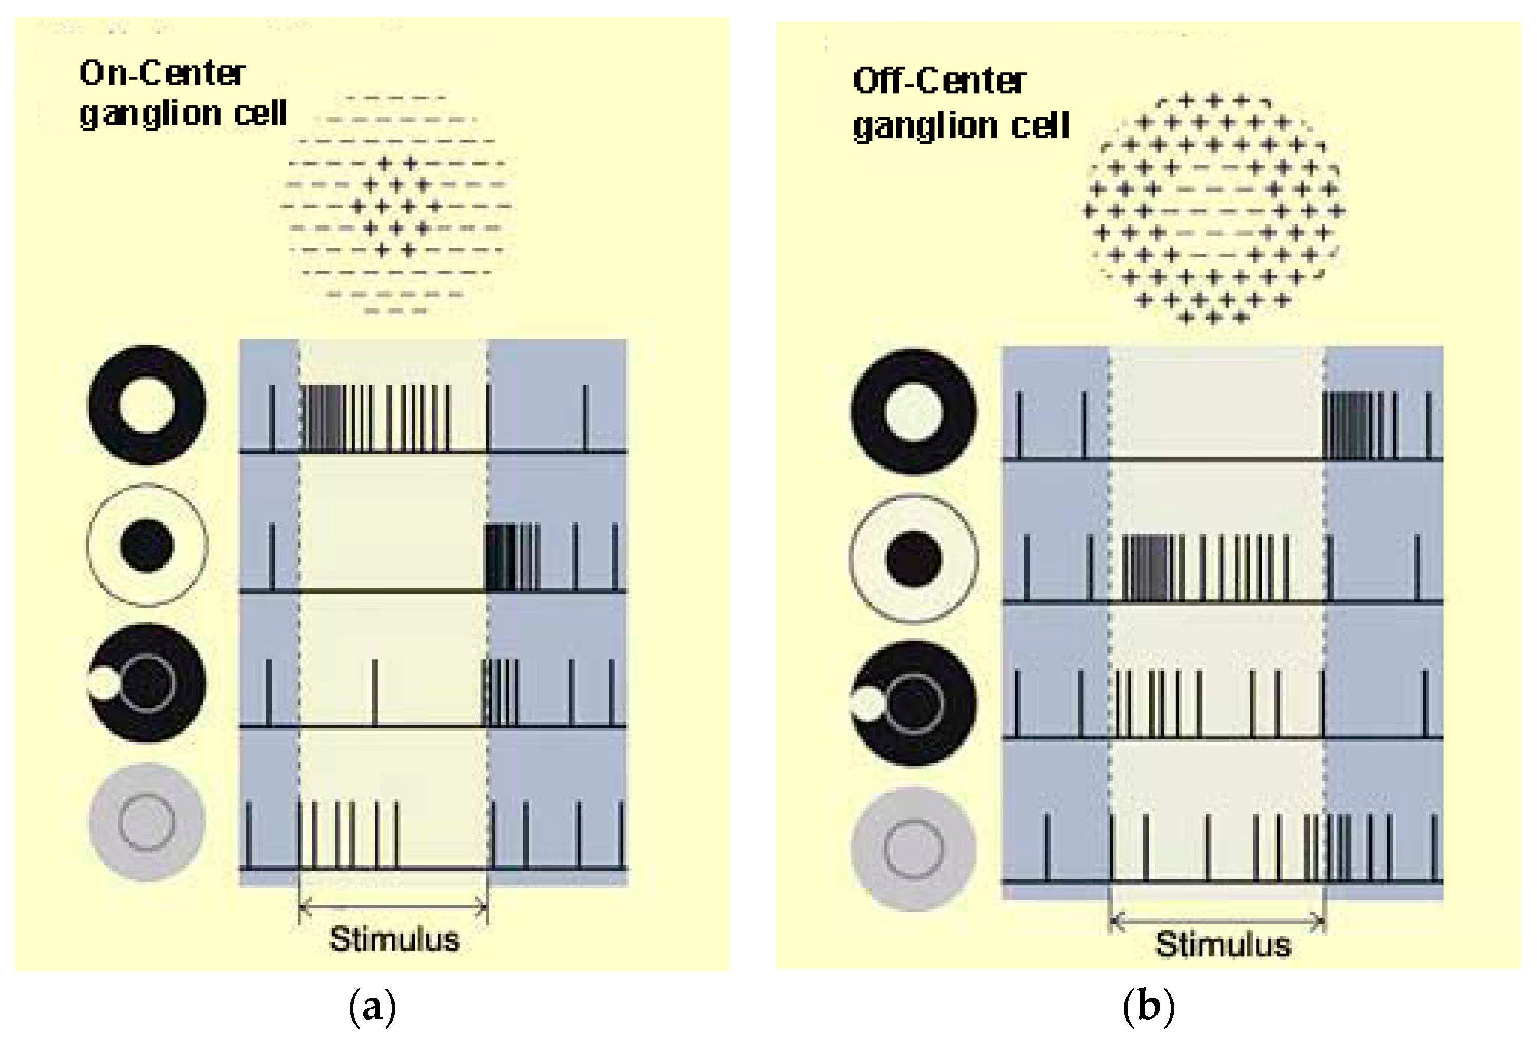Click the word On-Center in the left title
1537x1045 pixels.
click(x=162, y=73)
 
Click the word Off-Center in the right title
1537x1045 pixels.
click(x=939, y=81)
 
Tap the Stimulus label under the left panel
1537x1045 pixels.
click(x=394, y=939)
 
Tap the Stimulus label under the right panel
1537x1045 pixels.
click(x=1223, y=945)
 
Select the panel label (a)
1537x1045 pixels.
click(x=373, y=1006)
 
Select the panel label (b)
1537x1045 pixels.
click(x=1149, y=1006)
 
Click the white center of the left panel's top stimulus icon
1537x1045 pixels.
click(x=147, y=405)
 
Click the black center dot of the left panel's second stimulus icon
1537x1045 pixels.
click(x=147, y=545)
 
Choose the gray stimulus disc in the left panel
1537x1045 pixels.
click(x=147, y=822)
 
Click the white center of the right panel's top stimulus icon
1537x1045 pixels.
click(x=913, y=412)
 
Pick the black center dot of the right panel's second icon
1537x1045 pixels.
click(x=913, y=559)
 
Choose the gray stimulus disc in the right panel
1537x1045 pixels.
click(x=913, y=848)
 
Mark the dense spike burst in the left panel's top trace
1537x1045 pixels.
click(x=324, y=418)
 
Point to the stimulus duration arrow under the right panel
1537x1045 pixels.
click(x=1217, y=920)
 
